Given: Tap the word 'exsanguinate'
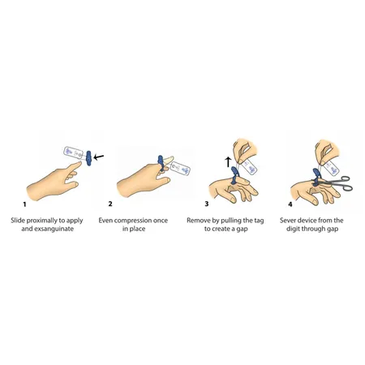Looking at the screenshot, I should click(x=57, y=230).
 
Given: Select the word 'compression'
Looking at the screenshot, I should click(x=144, y=220).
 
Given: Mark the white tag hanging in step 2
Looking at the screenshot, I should click(x=178, y=169).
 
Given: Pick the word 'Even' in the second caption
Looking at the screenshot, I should click(x=118, y=220).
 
